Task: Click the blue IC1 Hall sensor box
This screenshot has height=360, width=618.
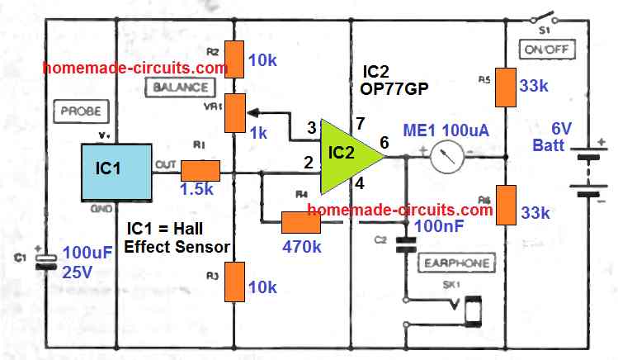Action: tap(116, 171)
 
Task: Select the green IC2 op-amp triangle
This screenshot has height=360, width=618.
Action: tap(343, 153)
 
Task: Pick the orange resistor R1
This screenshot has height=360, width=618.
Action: tap(200, 171)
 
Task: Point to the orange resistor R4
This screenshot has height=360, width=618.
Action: tap(300, 222)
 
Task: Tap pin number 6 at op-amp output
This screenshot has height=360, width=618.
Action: tap(383, 142)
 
